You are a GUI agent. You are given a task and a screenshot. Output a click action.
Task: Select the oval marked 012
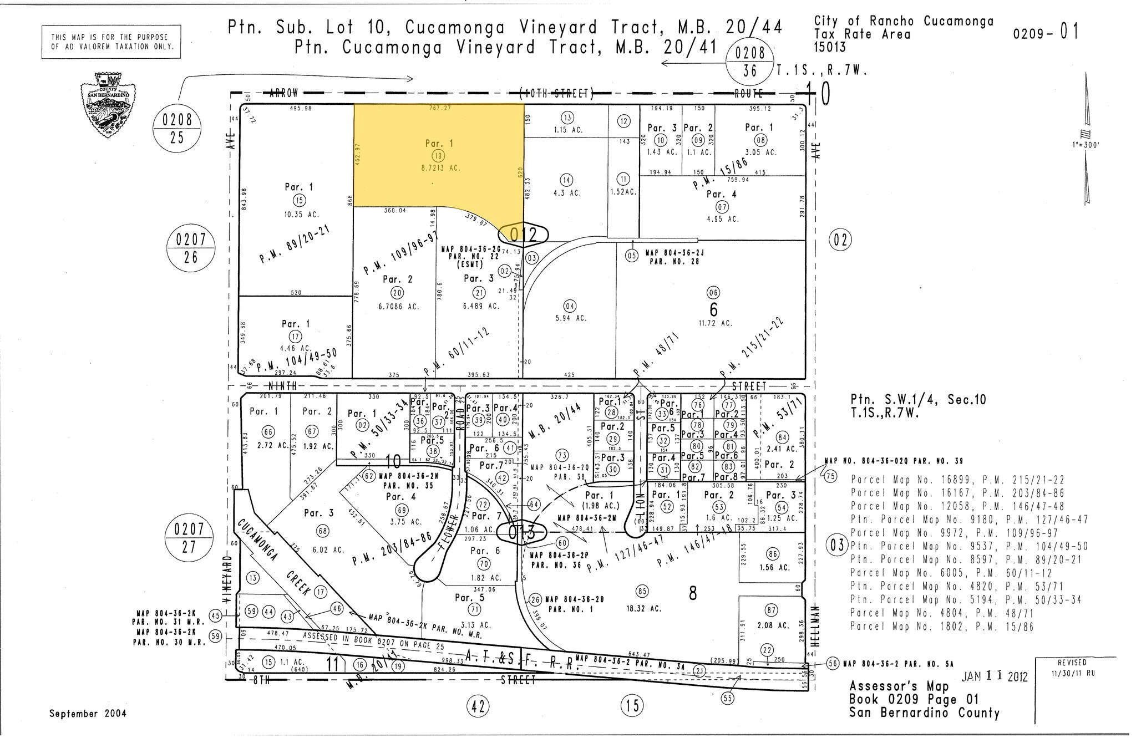click(x=523, y=235)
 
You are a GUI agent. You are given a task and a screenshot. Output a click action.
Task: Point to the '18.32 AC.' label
click(x=642, y=608)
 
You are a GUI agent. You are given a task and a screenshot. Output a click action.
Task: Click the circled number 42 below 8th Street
click(x=479, y=706)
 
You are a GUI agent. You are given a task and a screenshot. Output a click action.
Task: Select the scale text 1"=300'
click(x=1086, y=145)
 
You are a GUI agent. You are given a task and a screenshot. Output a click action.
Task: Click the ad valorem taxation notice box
click(x=111, y=42)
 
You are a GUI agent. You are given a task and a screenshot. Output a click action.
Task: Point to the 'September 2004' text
click(x=88, y=714)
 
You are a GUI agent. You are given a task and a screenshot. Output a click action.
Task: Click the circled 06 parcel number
click(x=713, y=293)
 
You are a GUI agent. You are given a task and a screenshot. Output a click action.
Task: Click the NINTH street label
click(x=283, y=385)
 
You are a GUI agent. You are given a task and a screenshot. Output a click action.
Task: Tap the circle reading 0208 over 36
click(x=750, y=62)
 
